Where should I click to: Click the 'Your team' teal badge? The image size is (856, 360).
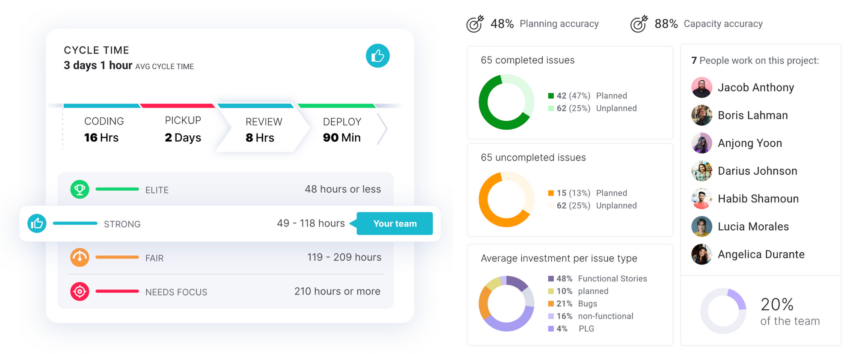[394, 223]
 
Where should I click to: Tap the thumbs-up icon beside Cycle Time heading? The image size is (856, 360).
[377, 56]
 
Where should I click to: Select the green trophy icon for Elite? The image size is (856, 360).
[80, 189]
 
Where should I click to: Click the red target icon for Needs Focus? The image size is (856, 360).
[80, 292]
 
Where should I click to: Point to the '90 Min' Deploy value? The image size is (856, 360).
[342, 138]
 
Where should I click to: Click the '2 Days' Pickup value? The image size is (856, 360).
[183, 138]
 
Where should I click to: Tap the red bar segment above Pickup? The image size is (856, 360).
[177, 106]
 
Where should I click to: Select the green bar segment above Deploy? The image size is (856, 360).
[336, 106]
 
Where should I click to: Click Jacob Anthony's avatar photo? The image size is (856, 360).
[701, 88]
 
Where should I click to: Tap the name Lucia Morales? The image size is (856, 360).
[753, 226]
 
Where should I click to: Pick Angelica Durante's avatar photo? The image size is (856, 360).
[701, 254]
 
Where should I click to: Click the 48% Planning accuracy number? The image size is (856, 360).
[502, 24]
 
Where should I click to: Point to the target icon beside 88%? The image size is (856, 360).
[639, 24]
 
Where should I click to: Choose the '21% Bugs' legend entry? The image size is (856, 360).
[576, 303]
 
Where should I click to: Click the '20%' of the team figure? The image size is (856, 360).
[777, 305]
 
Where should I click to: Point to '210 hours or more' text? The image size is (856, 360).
[337, 292]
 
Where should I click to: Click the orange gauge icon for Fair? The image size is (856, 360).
[80, 258]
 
